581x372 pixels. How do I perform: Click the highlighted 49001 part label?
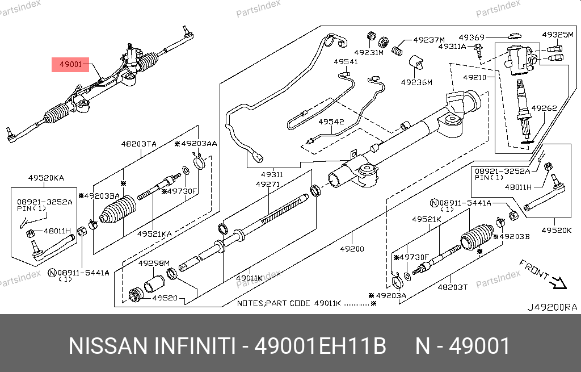[x=71, y=65]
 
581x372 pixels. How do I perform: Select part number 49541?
[x=346, y=61]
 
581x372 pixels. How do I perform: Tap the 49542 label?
[x=331, y=122]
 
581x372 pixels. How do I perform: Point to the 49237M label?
[x=429, y=40]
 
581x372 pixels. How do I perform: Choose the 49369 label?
[x=471, y=36]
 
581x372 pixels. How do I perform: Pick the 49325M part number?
[x=558, y=35]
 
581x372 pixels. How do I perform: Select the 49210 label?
[x=474, y=77]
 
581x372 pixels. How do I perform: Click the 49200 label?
[x=352, y=249]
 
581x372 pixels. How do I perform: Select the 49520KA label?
[x=46, y=178]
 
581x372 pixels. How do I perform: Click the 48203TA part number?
[x=138, y=144]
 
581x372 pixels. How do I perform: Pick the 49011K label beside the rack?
[x=250, y=278]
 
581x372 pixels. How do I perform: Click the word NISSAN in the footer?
[x=105, y=346]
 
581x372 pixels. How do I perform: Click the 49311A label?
[x=452, y=47]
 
